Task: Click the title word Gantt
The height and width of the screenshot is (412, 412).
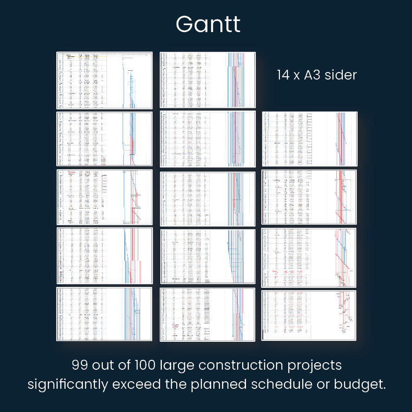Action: [x=208, y=24]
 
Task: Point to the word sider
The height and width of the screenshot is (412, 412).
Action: [x=339, y=75]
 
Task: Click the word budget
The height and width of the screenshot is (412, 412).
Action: [x=365, y=385]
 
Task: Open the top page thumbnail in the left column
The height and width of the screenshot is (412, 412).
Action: [x=105, y=80]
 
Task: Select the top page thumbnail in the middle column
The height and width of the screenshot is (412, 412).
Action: [x=208, y=80]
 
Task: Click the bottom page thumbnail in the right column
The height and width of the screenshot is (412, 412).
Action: [x=309, y=315]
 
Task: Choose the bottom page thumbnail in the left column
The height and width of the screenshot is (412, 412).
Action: [x=105, y=314]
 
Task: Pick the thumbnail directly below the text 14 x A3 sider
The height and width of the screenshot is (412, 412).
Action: [x=309, y=139]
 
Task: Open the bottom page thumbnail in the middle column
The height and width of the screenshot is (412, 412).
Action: [x=208, y=314]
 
